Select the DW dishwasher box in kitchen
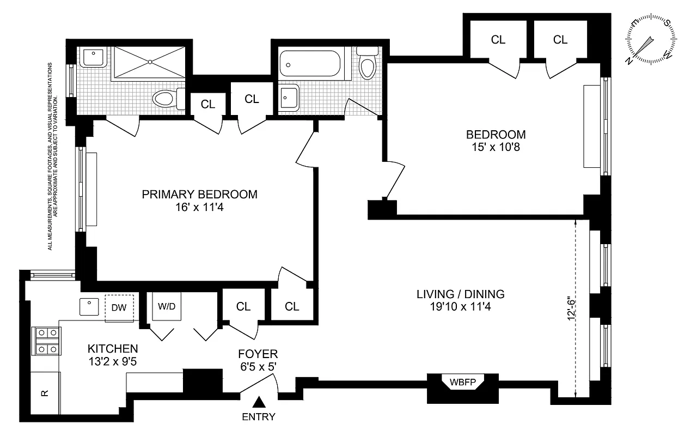coord(119,307)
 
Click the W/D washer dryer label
coord(167,306)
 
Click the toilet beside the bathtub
coord(369,64)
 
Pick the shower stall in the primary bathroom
coord(148,64)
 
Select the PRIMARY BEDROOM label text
coord(199,195)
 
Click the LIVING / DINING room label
coord(460,294)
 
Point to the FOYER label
coord(258,354)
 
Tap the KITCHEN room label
coord(113,348)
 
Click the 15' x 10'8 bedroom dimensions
coord(496,147)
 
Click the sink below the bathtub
coord(289,98)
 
